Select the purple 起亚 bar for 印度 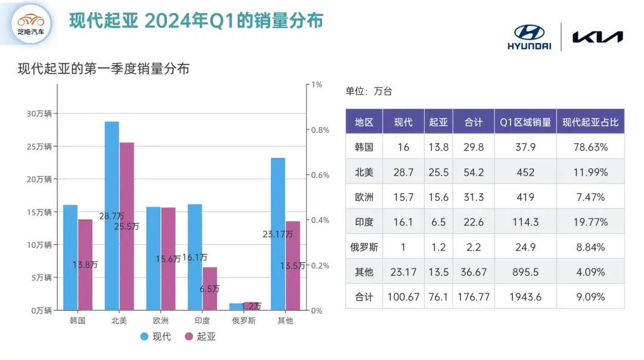coord(210,288)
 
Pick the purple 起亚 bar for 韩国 coord(85,265)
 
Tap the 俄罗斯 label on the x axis coord(244,321)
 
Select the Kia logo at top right coord(597,37)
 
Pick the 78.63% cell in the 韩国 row coord(590,147)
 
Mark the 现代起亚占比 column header coord(590,122)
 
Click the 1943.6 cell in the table coord(525,297)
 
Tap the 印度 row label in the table coord(364,222)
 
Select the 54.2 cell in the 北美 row coord(473,172)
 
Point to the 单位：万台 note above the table coord(369,91)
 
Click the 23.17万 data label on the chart coord(277,235)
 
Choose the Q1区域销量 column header coord(525,122)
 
